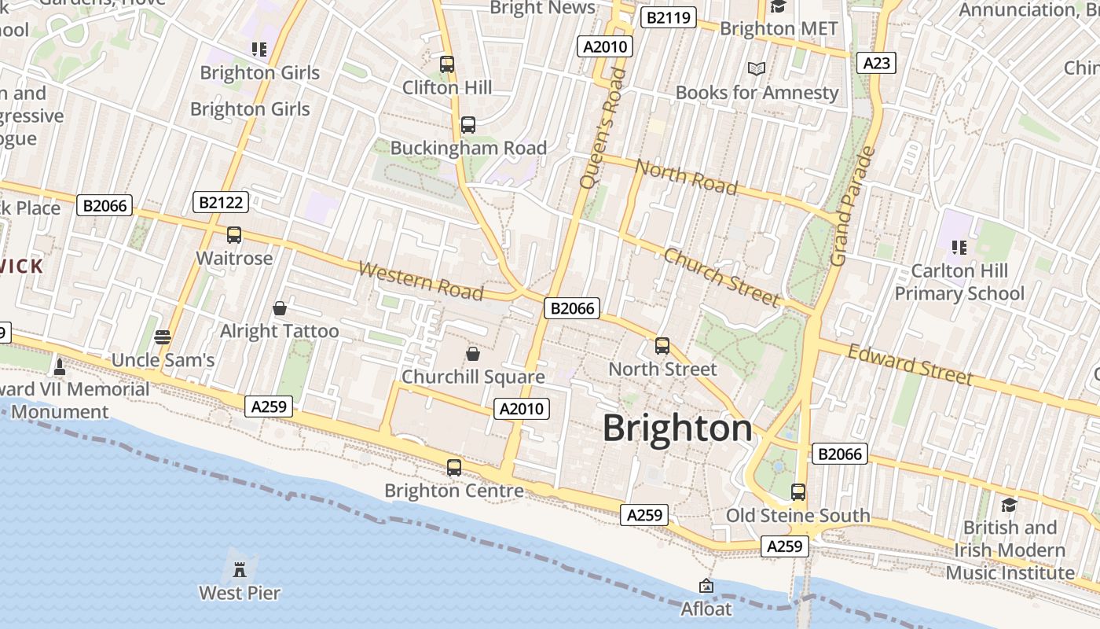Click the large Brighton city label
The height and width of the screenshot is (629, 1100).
677,429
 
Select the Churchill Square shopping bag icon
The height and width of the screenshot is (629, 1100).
472,354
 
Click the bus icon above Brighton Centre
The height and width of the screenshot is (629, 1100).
453,468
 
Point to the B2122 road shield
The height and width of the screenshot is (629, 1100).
221,203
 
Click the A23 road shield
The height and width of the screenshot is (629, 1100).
876,63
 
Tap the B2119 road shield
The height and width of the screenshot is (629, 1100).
668,17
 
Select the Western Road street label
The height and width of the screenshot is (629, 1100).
420,281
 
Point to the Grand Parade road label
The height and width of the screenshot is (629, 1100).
852,206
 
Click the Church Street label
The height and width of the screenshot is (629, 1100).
722,277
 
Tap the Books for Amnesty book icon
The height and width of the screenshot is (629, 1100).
756,69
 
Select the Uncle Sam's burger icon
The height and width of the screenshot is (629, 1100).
163,337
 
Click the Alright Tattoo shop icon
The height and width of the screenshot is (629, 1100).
279,308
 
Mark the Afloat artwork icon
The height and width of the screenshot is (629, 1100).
706,586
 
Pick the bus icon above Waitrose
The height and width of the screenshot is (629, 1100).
233,235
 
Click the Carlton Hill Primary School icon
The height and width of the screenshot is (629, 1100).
959,248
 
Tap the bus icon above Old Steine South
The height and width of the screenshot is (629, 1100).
797,492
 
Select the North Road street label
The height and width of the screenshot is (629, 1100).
686,176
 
